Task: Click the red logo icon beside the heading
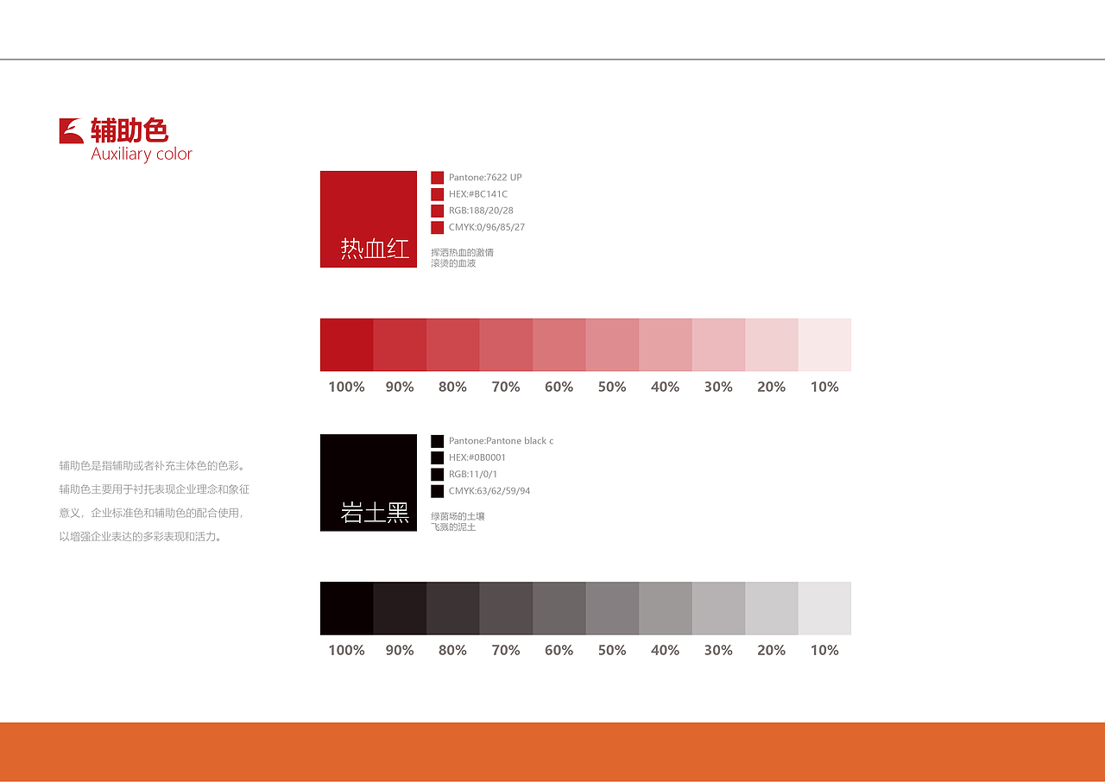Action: tap(72, 130)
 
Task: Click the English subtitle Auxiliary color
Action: tap(142, 155)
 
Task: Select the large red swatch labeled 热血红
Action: tap(369, 219)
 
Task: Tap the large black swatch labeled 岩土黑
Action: tap(369, 482)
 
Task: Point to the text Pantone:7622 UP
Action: tap(485, 178)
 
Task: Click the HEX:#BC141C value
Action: tap(477, 194)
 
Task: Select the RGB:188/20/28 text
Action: tap(481, 211)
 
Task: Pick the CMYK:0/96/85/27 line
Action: tap(486, 227)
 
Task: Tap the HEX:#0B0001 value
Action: tap(477, 457)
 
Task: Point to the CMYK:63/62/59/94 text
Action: tap(489, 491)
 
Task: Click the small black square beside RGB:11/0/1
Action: tap(437, 475)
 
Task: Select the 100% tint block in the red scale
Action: tap(347, 344)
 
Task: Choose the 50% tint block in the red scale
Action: tap(612, 344)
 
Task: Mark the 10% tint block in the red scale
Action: tap(824, 344)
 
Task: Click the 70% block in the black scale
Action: tap(506, 609)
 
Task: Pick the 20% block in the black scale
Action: tap(772, 609)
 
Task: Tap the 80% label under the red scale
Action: tap(453, 387)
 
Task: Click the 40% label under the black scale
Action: tap(665, 650)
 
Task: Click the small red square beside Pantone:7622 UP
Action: tap(437, 178)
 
